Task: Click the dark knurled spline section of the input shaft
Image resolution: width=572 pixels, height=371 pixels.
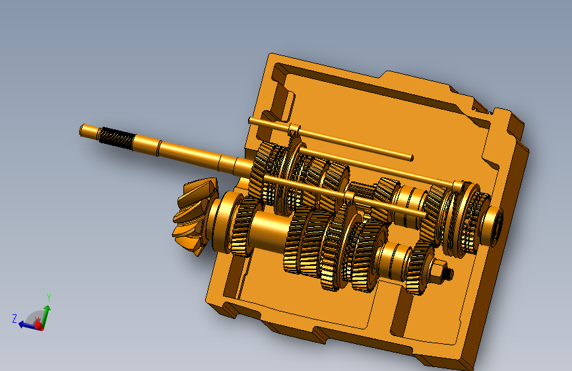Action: pos(117,138)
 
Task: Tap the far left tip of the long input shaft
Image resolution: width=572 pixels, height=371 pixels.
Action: pos(81,130)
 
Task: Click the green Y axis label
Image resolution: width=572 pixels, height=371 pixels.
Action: pos(49,298)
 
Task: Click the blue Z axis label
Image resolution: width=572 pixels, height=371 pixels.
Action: pos(15,318)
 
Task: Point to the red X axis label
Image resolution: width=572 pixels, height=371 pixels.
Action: pos(37,320)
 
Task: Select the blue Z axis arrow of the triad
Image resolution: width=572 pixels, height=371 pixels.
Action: pos(29,325)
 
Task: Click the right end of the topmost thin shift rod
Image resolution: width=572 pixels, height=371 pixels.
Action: pos(412,158)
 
